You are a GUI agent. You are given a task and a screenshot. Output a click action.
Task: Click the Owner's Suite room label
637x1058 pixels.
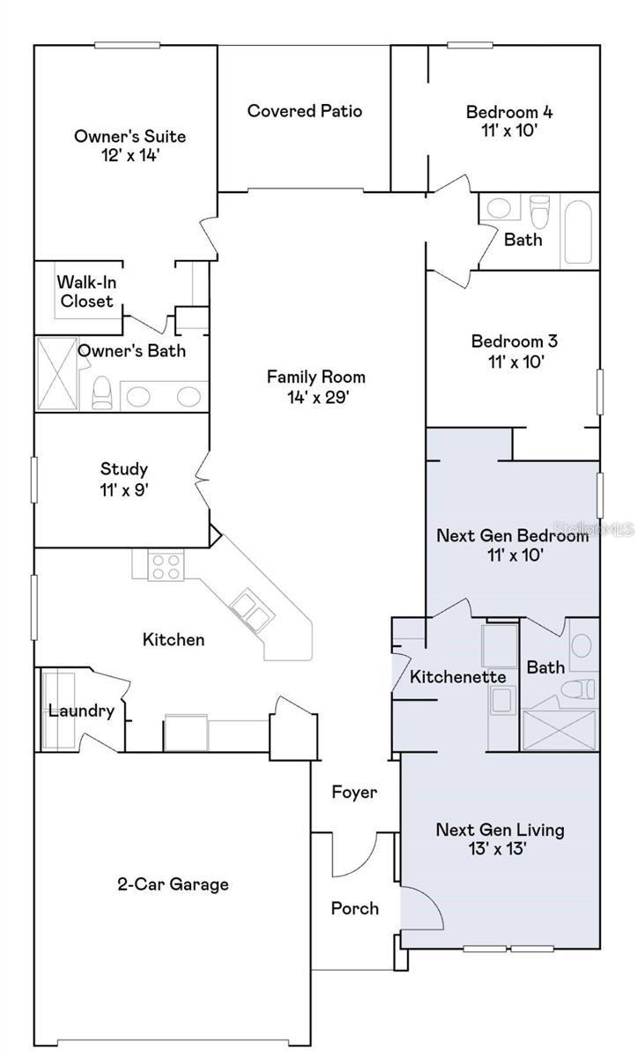[130, 137]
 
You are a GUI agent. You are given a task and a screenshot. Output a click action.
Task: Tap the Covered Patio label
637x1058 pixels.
[305, 111]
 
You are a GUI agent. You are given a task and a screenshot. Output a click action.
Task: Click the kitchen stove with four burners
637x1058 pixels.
[166, 565]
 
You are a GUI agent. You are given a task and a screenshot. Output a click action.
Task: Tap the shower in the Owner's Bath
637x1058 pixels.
[57, 373]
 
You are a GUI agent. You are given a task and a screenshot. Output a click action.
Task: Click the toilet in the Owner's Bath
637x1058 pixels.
[102, 392]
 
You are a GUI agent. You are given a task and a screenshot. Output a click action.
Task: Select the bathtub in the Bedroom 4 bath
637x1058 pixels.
[578, 233]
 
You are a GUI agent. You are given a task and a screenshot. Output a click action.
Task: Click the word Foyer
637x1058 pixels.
[354, 792]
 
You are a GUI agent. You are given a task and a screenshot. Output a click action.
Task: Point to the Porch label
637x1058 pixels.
[355, 908]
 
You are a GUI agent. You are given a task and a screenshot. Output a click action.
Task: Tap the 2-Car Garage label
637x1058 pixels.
[174, 883]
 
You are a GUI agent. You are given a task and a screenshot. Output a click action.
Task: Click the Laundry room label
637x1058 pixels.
[82, 711]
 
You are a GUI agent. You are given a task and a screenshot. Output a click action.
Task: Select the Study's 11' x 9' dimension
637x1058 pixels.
[124, 490]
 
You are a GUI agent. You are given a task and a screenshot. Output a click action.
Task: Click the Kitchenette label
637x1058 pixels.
[457, 677]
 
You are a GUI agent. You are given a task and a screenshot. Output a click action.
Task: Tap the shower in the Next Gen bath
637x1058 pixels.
[559, 730]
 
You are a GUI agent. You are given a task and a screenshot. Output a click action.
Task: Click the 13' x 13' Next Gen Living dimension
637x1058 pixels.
[497, 848]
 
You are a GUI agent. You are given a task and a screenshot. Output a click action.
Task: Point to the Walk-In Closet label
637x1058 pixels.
[86, 292]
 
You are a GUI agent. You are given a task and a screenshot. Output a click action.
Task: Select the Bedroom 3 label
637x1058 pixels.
[515, 340]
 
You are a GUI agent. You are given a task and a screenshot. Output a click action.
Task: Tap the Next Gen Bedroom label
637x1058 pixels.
[513, 535]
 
